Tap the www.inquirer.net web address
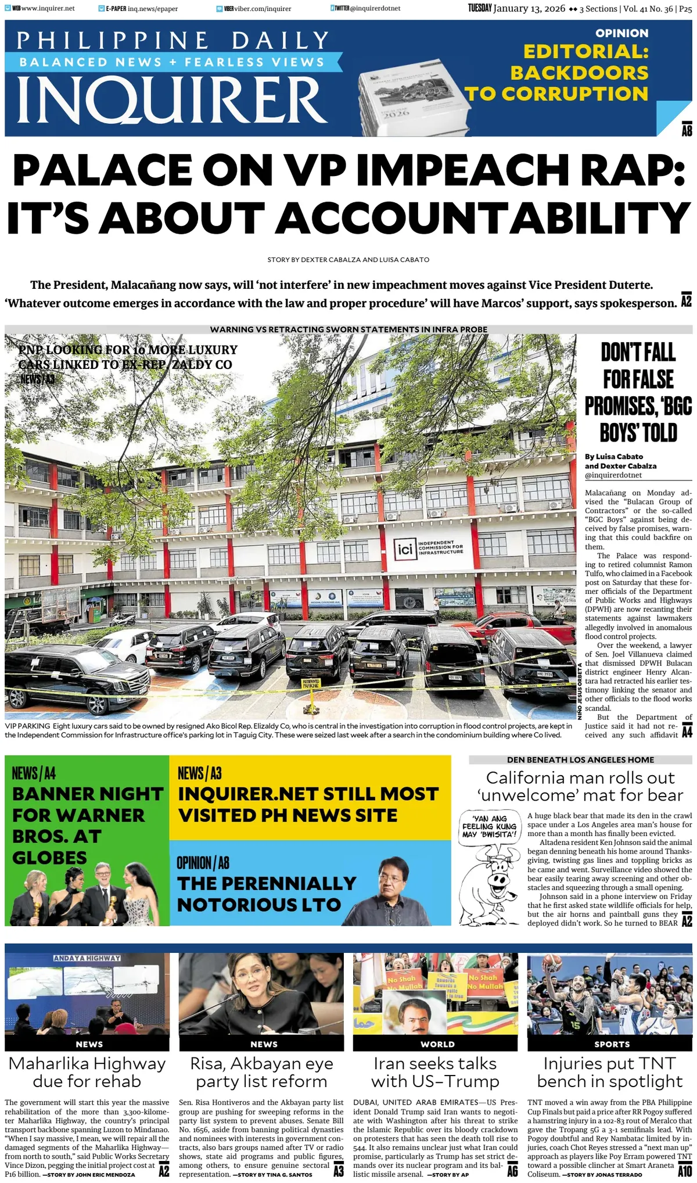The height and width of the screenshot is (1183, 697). (48, 9)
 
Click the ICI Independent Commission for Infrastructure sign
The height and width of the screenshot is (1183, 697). (430, 547)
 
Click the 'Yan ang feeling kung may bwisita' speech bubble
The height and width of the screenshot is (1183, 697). (490, 826)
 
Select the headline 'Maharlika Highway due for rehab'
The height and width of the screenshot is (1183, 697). (87, 1072)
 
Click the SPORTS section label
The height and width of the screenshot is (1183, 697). (612, 1044)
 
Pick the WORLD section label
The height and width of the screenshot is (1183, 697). (437, 1044)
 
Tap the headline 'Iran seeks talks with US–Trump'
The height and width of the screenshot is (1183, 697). (436, 1072)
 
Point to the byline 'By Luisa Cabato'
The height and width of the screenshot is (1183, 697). (614, 457)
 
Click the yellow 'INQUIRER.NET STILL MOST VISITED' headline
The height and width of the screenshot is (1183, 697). (308, 804)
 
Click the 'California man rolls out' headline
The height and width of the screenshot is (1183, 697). (580, 786)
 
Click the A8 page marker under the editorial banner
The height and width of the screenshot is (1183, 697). (687, 131)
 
